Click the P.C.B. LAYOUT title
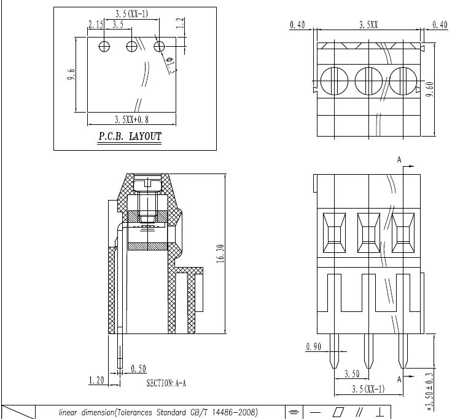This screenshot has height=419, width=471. (x=130, y=137)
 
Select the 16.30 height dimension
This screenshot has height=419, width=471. (x=220, y=253)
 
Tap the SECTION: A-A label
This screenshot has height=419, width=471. (x=166, y=383)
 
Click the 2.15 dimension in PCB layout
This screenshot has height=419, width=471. (x=96, y=24)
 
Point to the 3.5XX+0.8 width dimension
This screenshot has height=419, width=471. (x=131, y=120)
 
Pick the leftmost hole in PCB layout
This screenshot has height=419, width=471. (x=104, y=46)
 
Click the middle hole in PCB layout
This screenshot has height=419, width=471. (x=131, y=46)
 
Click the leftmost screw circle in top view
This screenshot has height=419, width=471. (x=334, y=81)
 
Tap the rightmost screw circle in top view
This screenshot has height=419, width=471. (x=403, y=81)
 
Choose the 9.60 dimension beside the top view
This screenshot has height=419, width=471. (x=430, y=89)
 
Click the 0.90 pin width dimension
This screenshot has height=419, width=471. (x=314, y=347)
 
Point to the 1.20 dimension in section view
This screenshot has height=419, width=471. (x=96, y=380)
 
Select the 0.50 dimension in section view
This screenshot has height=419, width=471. (x=139, y=369)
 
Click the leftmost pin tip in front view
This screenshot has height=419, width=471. (x=334, y=368)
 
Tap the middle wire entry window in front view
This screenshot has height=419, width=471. (x=368, y=233)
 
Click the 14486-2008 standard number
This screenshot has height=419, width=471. (x=235, y=412)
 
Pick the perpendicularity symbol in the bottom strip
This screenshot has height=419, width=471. (x=380, y=412)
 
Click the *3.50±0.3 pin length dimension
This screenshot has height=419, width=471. (x=430, y=391)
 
